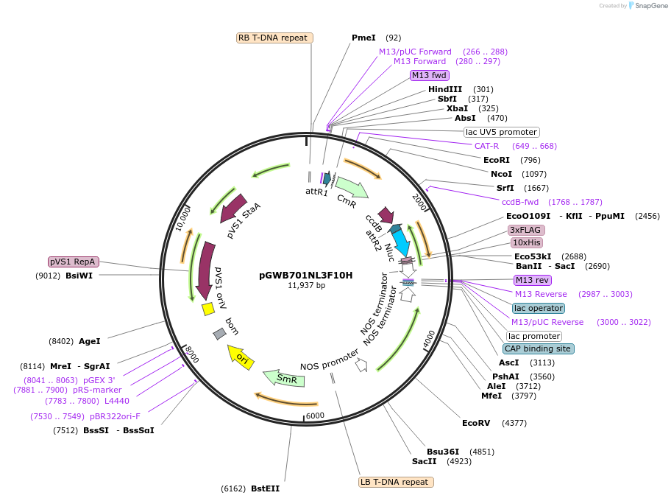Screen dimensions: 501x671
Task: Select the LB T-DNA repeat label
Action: click(x=395, y=482)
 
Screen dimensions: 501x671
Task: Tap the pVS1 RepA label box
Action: click(x=74, y=262)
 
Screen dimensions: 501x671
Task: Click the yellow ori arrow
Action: click(x=241, y=357)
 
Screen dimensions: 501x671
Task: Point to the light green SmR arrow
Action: click(x=285, y=379)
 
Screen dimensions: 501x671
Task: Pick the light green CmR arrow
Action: click(x=351, y=195)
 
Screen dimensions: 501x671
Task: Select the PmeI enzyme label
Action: click(x=363, y=38)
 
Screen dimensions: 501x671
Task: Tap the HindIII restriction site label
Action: click(x=445, y=89)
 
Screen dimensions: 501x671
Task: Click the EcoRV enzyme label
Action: click(x=475, y=423)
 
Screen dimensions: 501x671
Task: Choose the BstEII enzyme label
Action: click(x=265, y=488)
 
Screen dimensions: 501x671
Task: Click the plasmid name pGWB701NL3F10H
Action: click(x=305, y=276)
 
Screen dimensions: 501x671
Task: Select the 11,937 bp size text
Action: click(x=306, y=286)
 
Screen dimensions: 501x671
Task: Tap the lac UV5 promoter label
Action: click(x=501, y=132)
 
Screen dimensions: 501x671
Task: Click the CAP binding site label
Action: click(x=538, y=348)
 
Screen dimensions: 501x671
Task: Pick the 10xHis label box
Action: click(x=527, y=242)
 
